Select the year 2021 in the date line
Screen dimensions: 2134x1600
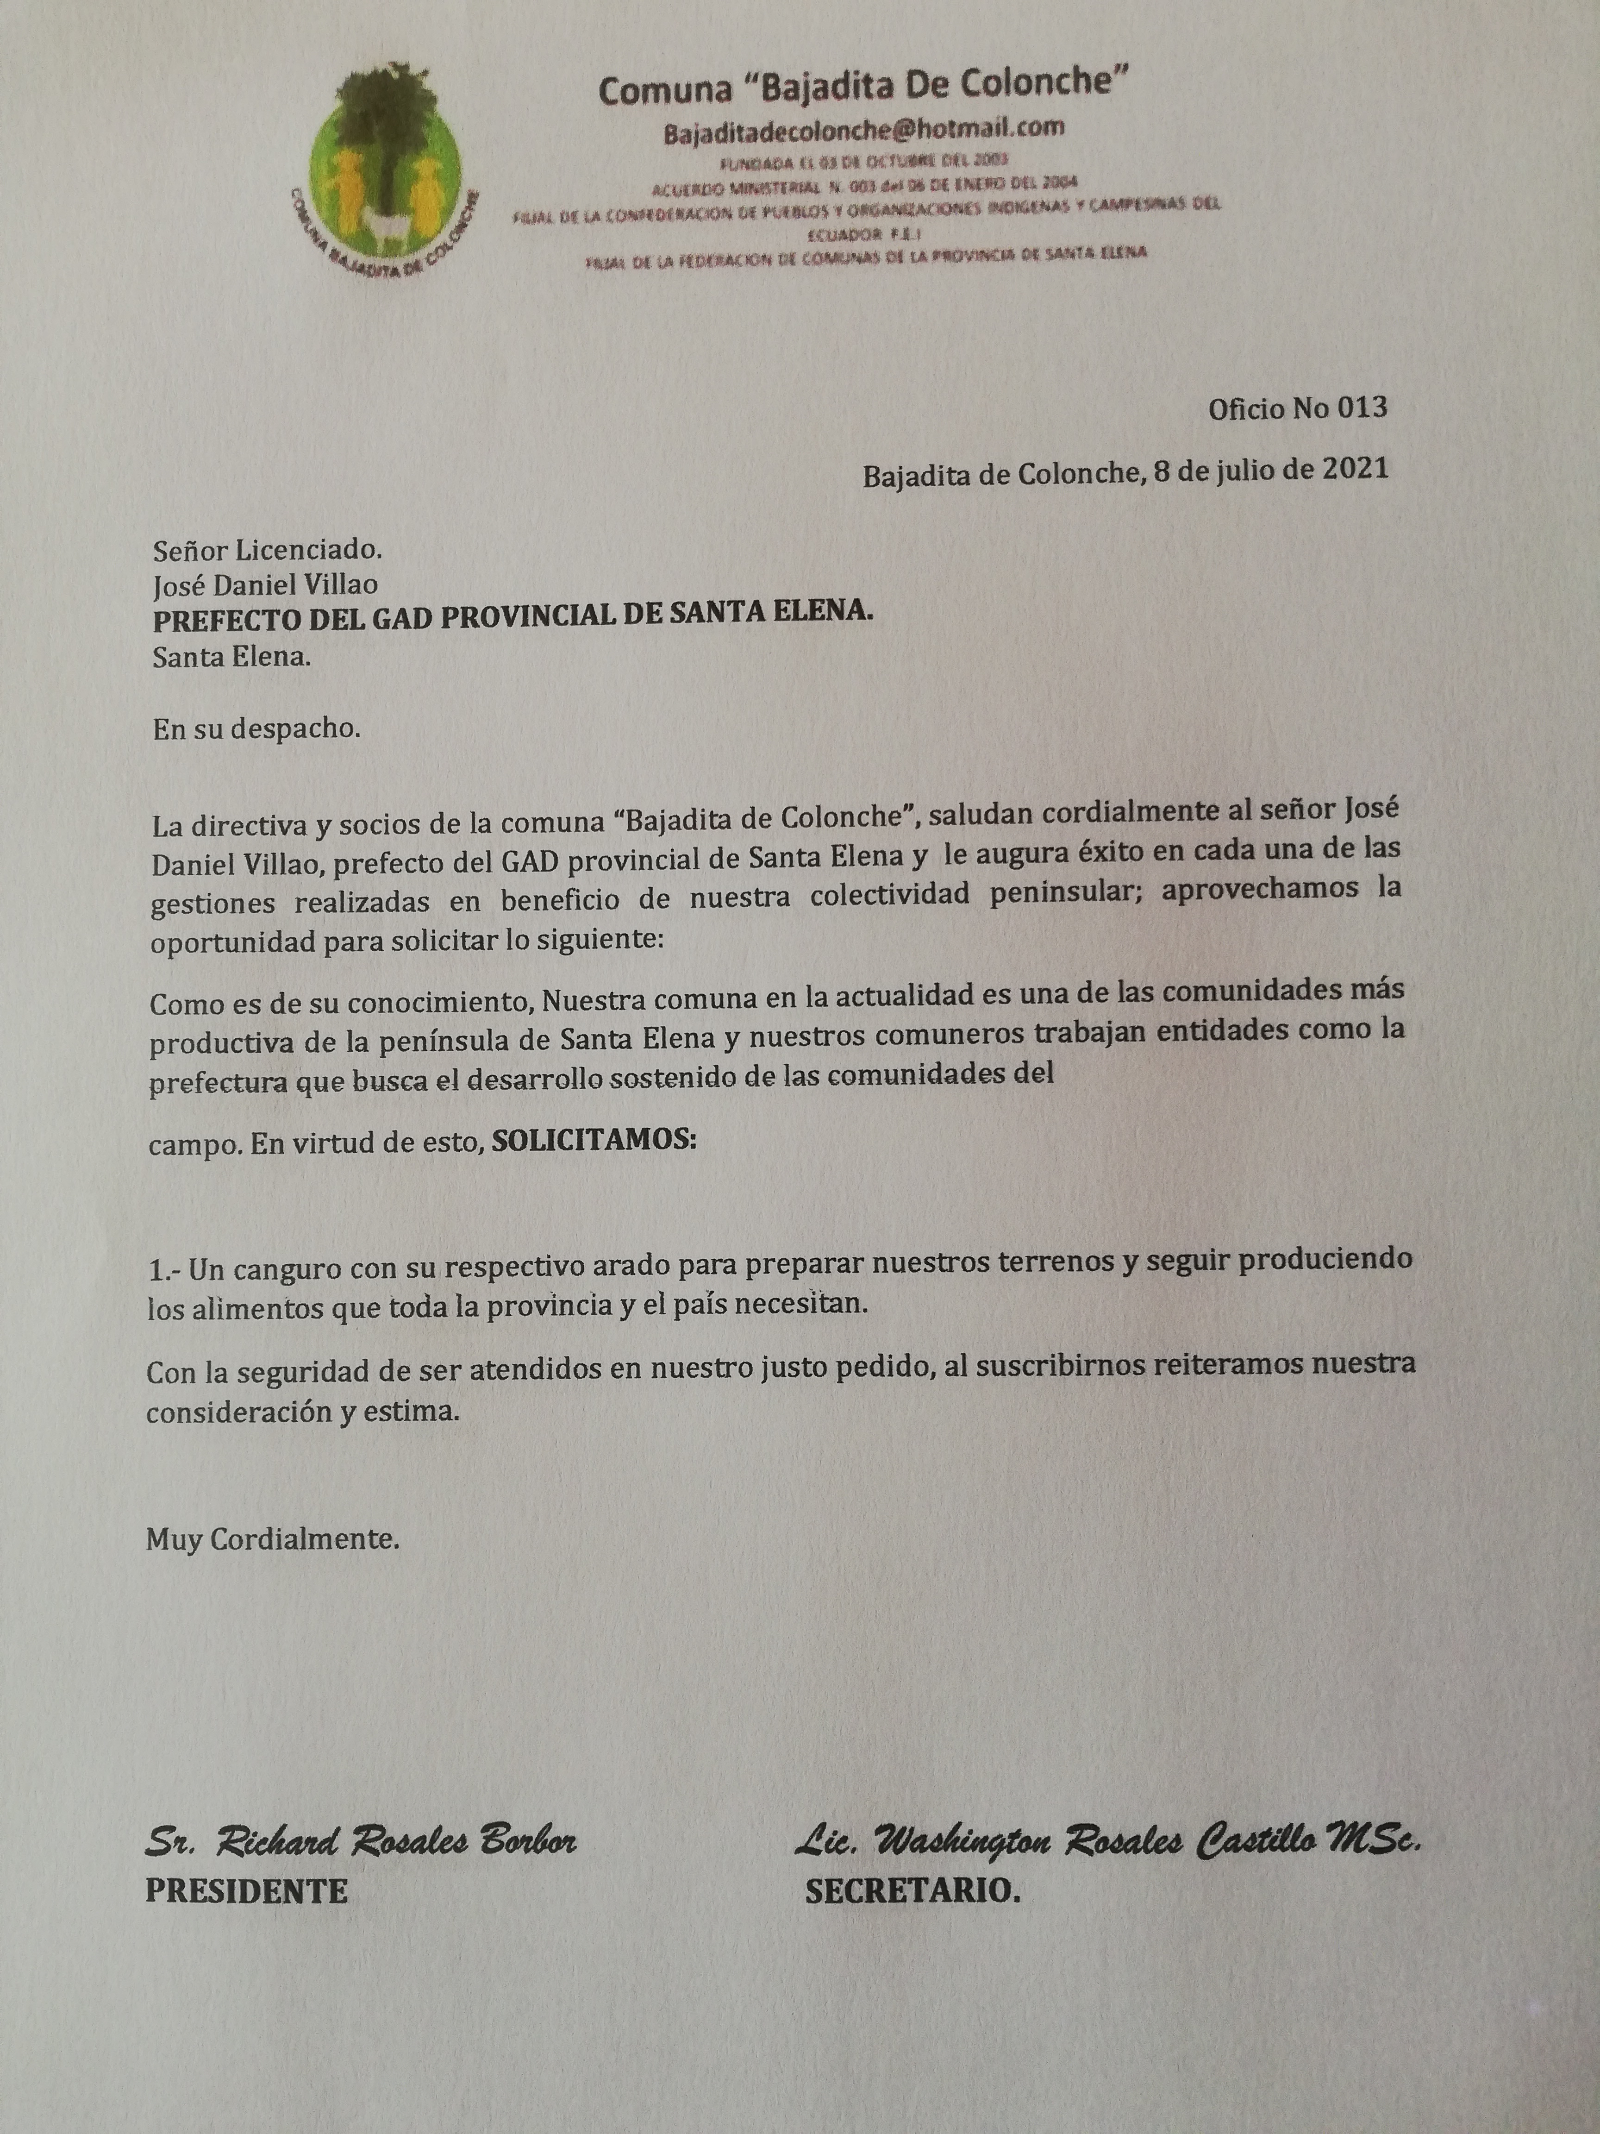1355,470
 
